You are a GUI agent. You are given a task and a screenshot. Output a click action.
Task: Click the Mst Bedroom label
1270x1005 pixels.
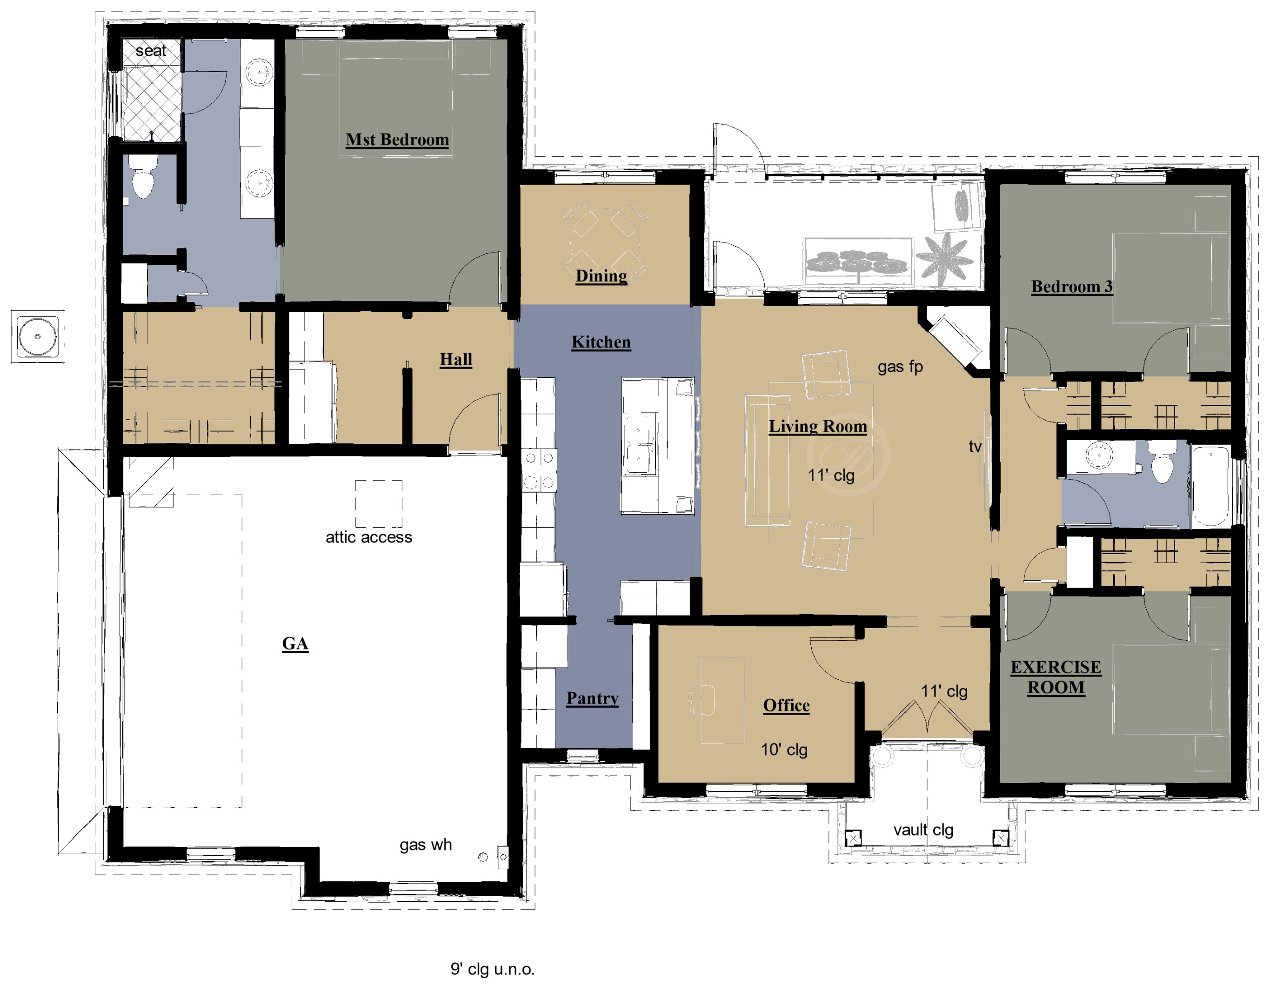[x=397, y=140]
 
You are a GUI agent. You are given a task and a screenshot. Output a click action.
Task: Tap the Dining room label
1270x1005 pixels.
[x=601, y=276]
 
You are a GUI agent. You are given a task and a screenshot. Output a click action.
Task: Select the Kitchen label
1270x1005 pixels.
[x=601, y=342]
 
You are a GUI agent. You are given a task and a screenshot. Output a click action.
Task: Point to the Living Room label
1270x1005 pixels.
[x=818, y=426]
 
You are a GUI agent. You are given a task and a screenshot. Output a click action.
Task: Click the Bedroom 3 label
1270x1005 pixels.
[x=1072, y=287]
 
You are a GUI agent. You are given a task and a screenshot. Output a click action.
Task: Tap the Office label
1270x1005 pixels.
[x=787, y=705]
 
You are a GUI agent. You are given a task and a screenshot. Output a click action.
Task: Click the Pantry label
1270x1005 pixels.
[x=592, y=698]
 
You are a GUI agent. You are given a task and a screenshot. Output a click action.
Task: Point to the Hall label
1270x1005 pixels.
[x=456, y=360]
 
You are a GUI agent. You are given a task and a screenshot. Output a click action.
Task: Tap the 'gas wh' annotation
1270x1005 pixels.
[x=426, y=845]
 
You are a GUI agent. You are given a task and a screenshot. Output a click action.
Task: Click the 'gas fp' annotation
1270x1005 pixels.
[x=900, y=367]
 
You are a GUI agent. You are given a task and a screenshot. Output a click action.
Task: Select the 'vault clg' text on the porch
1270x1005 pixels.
[x=923, y=830]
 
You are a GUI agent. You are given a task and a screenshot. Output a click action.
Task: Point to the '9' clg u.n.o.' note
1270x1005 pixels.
[x=492, y=969]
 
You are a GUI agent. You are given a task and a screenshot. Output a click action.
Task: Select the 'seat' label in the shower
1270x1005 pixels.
[x=151, y=51]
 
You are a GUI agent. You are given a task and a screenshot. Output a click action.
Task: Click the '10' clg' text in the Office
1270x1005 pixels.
[x=784, y=750]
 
